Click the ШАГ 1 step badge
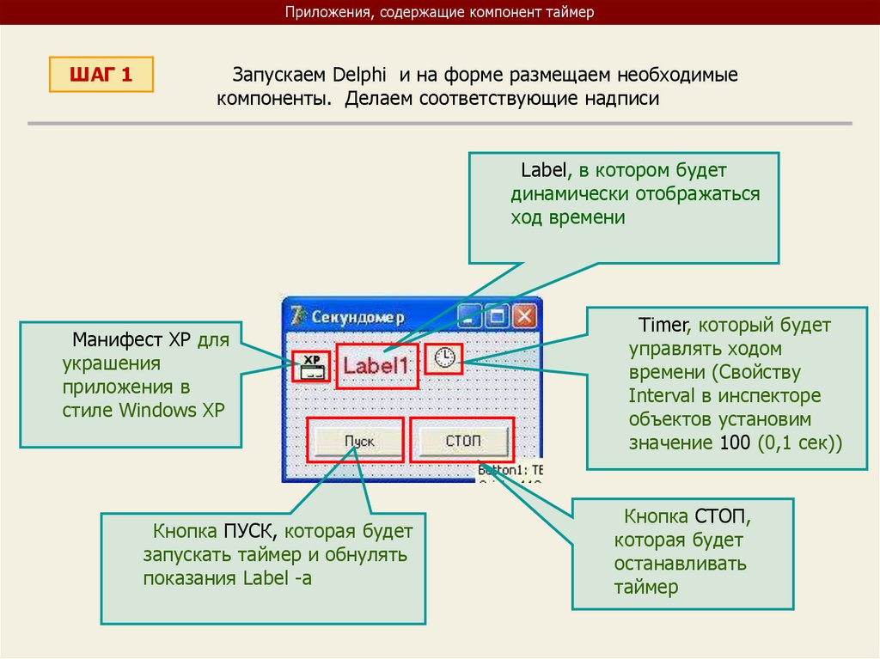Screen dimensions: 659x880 coord(101,75)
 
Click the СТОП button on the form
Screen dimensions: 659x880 coord(463,442)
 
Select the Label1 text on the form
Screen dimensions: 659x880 coord(376,366)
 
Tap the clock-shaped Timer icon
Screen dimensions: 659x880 coord(445,357)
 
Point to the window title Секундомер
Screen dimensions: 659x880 coord(357,317)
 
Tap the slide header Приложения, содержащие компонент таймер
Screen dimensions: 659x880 coord(440,12)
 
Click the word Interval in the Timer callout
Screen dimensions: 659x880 coord(659,397)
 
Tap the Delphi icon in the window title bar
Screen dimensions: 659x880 coord(298,316)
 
